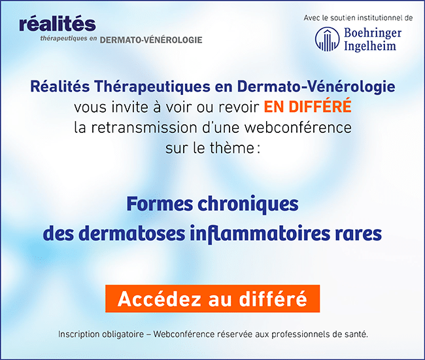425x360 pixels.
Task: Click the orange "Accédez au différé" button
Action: click(x=212, y=298)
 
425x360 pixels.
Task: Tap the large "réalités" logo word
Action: click(x=58, y=24)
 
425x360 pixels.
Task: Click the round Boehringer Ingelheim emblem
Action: click(x=327, y=39)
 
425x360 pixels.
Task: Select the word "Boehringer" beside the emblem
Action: click(x=373, y=33)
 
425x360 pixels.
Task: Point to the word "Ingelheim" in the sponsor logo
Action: click(x=370, y=46)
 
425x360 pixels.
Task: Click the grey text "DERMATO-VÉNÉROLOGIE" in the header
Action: click(x=151, y=40)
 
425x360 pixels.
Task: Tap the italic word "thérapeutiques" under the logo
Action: click(x=63, y=39)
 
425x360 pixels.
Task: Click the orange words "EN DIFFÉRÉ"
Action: click(x=308, y=106)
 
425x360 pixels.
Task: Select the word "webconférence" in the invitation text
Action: click(x=298, y=128)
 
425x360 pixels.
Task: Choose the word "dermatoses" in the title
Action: click(x=133, y=233)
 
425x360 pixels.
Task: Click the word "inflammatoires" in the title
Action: click(x=260, y=233)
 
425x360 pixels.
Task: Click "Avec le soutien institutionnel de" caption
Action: click(x=358, y=18)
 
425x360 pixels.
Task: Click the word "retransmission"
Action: click(x=144, y=128)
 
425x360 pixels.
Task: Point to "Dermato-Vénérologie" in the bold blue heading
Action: click(x=316, y=87)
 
